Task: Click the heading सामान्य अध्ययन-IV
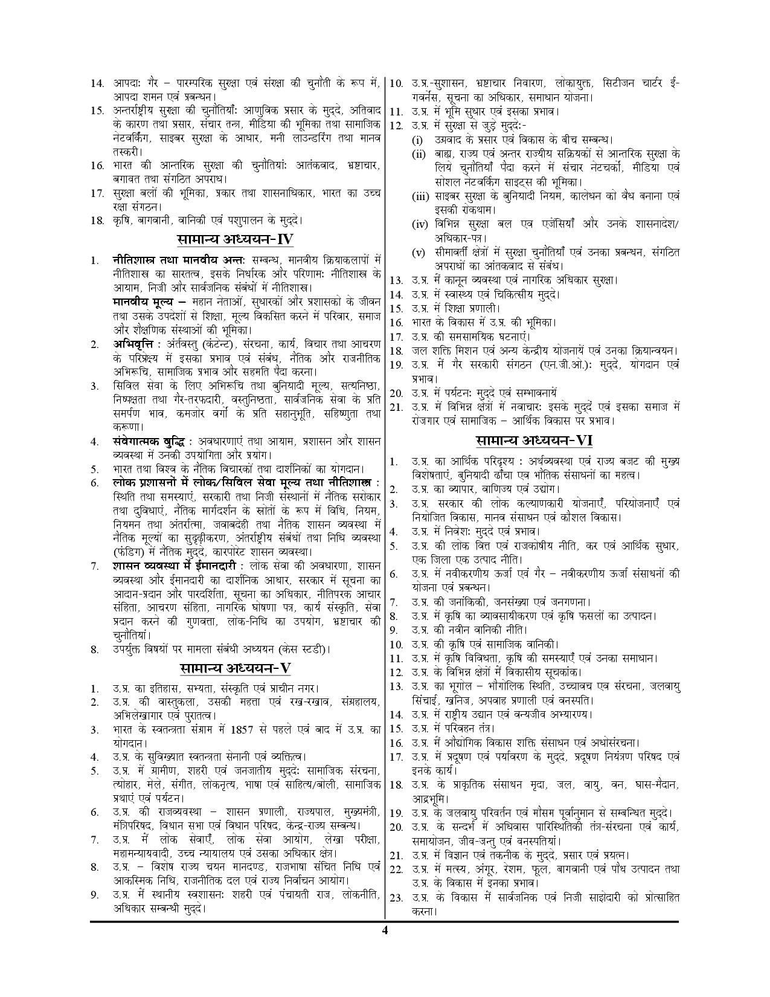(x=236, y=239)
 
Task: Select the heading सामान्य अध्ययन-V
(x=236, y=669)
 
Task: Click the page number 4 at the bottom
(x=384, y=947)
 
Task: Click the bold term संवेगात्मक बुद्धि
(x=147, y=441)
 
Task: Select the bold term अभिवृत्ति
(x=132, y=344)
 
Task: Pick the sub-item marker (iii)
(x=420, y=196)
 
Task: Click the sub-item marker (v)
(x=418, y=252)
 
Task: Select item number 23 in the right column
(x=396, y=898)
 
